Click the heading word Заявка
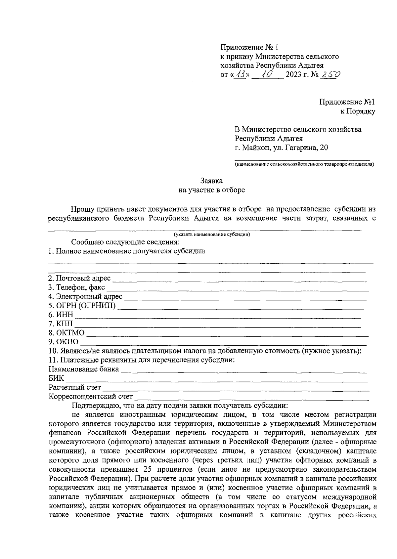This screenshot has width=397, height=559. point(211,181)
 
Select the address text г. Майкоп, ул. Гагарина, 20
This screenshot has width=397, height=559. point(282,148)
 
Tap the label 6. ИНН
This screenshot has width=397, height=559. point(61,315)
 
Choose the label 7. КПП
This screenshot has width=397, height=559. point(61,323)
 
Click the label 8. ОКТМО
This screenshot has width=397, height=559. point(66,333)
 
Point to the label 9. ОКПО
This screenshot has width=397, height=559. point(64,342)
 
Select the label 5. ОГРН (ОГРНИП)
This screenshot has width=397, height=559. point(82,305)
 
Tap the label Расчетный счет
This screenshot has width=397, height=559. point(75,387)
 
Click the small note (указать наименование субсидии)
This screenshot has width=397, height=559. point(212,235)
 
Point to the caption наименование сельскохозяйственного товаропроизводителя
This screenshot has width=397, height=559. point(304,164)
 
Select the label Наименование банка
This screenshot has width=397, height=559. point(84,369)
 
